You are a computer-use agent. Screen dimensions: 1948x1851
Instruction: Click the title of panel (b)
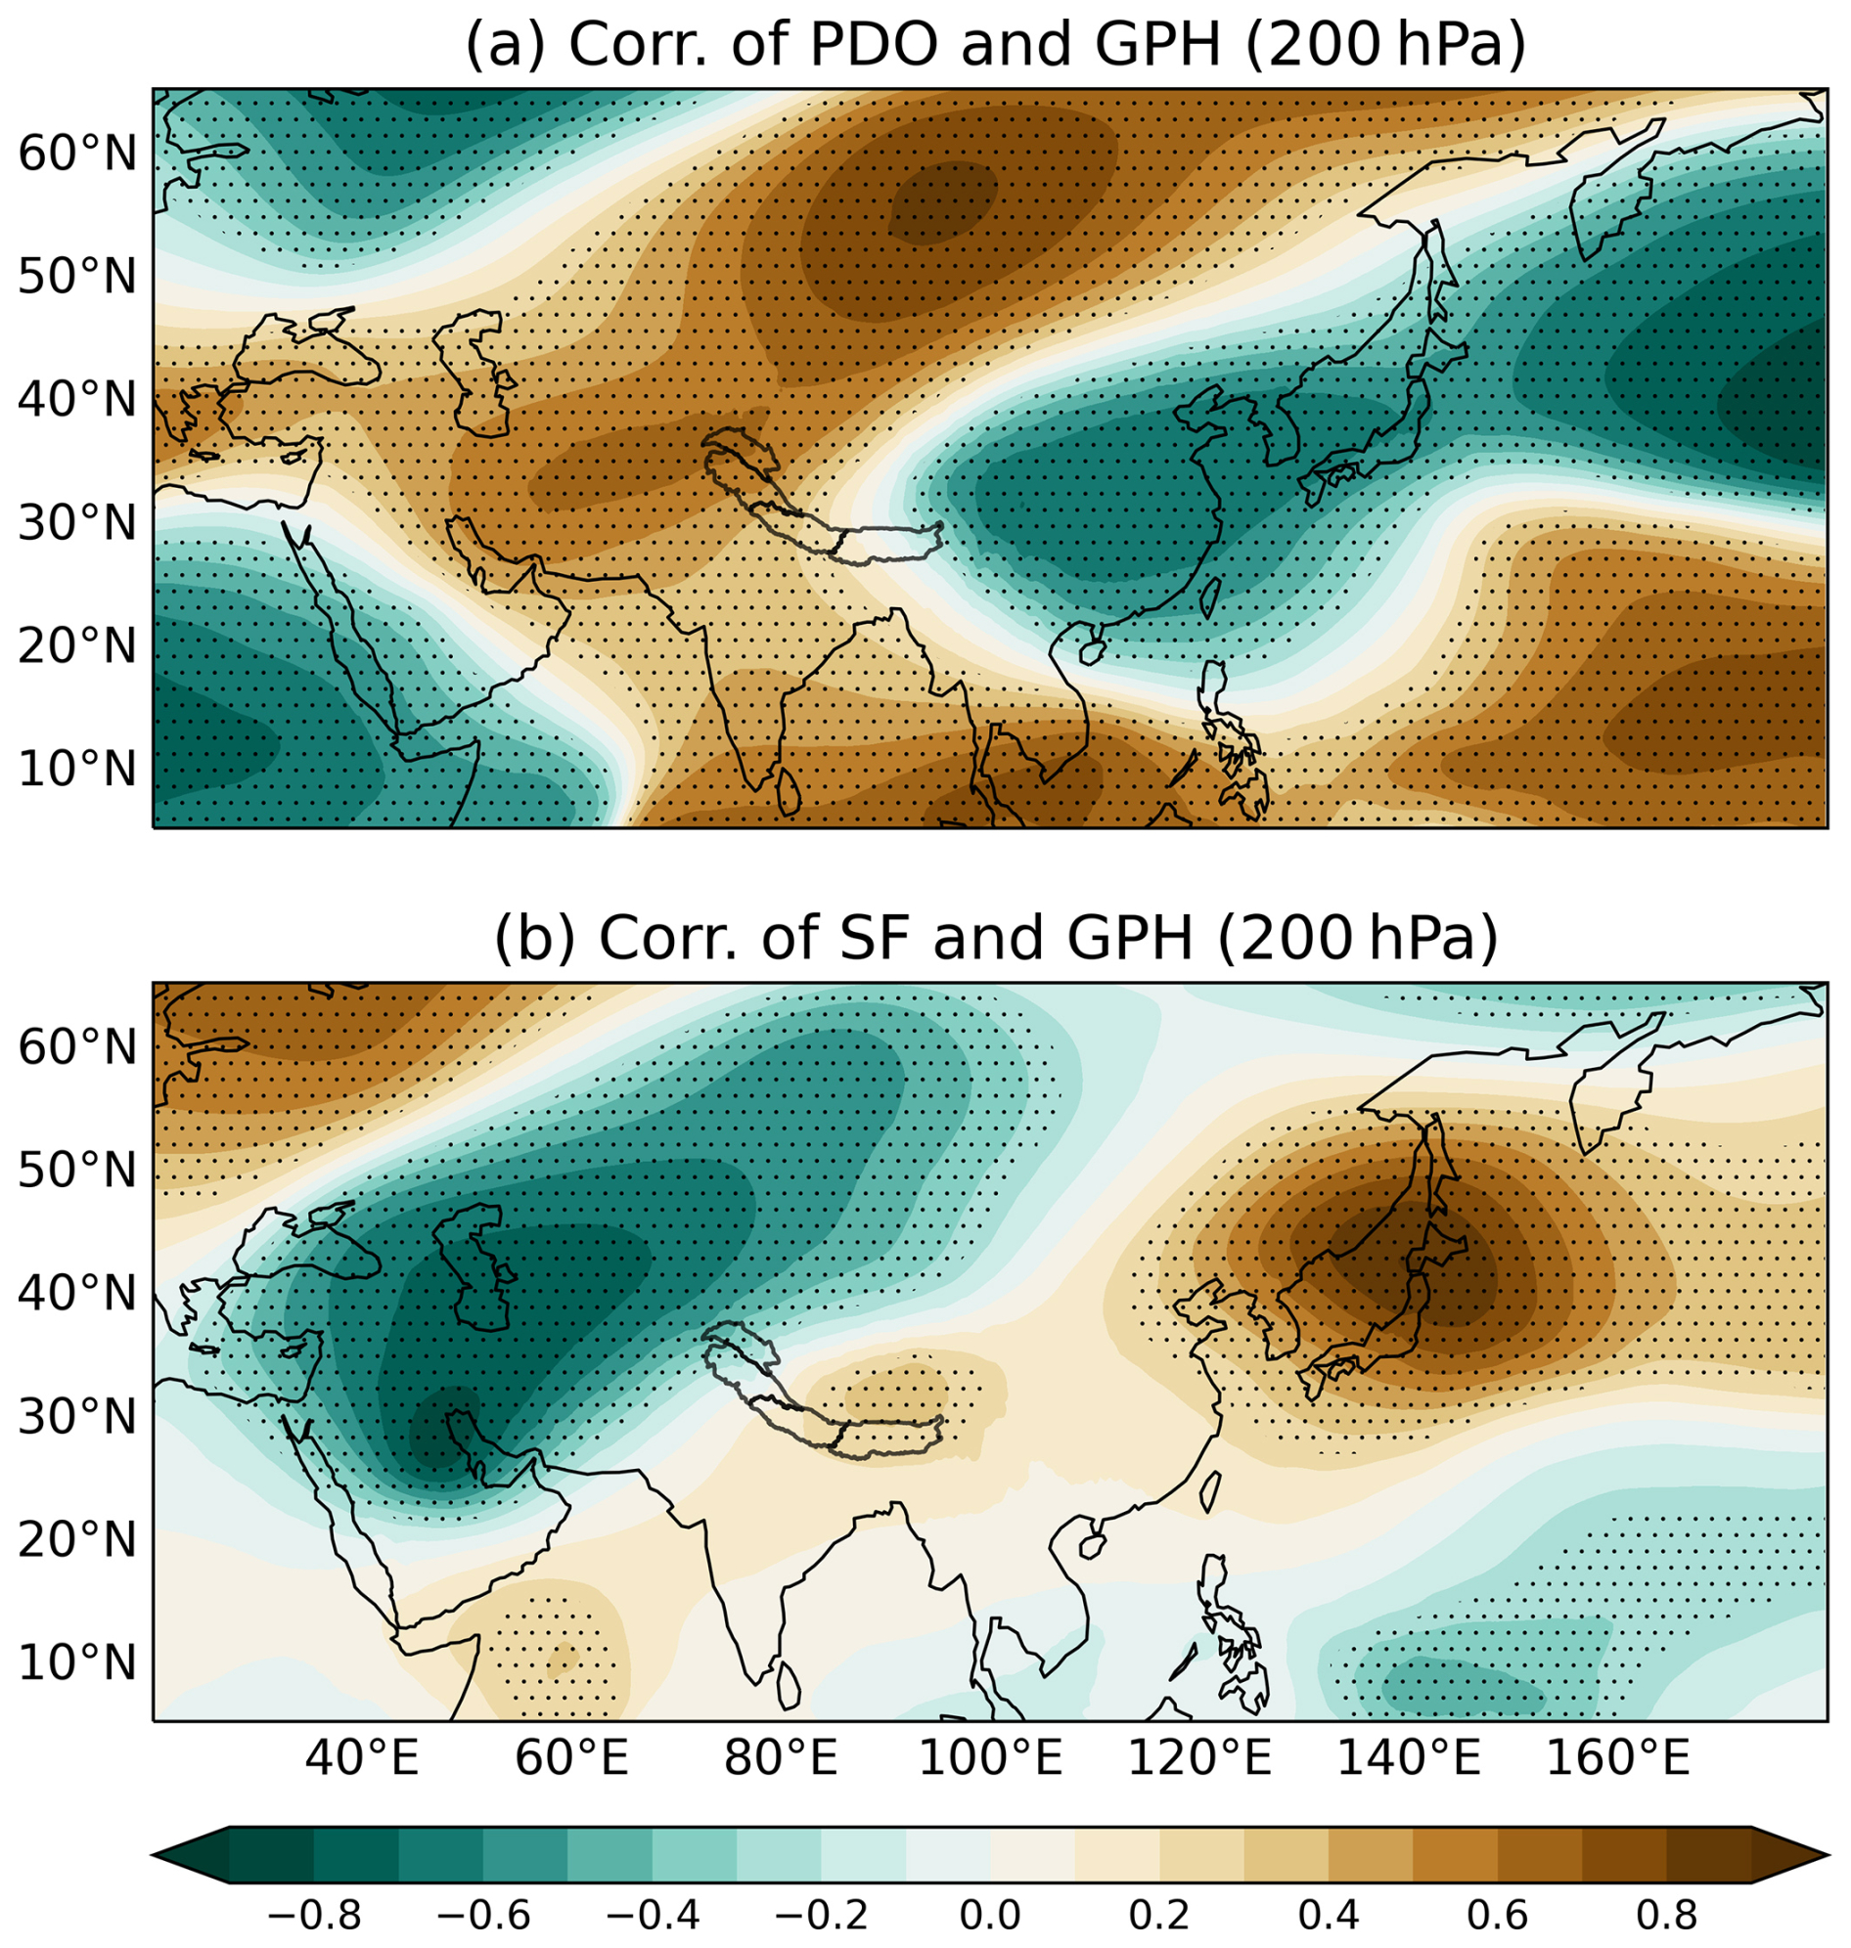click(x=996, y=939)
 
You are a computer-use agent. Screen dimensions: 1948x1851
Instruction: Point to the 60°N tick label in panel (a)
click(x=77, y=154)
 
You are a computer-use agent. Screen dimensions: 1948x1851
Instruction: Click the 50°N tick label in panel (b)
click(x=77, y=1171)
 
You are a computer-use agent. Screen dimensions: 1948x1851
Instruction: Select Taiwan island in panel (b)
click(x=1210, y=1490)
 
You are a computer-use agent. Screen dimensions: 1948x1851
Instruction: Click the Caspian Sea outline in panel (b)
click(x=479, y=1272)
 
